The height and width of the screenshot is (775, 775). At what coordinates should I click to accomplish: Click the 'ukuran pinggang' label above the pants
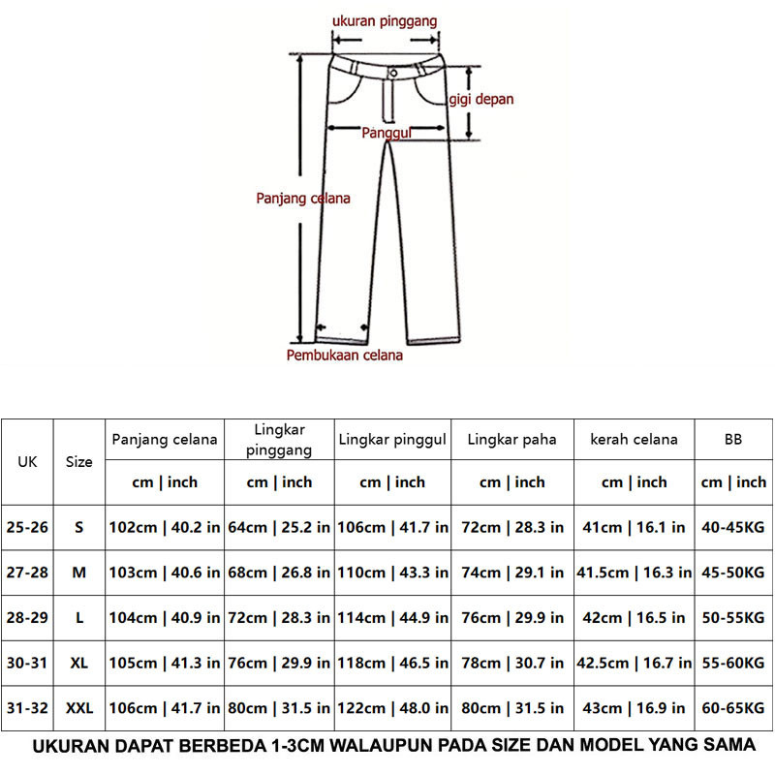[385, 20]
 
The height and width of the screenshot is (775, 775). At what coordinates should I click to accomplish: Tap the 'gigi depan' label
[480, 99]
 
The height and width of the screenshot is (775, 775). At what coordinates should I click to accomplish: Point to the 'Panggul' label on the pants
[387, 134]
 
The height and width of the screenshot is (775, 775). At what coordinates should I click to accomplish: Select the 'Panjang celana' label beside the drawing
[303, 198]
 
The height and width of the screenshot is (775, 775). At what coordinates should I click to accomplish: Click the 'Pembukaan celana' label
[344, 356]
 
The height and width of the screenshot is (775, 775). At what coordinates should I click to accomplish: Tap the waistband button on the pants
[394, 74]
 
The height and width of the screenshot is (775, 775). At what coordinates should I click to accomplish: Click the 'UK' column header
[27, 461]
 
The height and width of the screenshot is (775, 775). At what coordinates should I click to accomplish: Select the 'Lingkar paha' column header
[512, 439]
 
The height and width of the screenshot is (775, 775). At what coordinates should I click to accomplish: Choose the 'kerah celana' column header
[635, 439]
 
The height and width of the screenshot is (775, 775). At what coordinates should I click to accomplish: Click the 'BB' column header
[733, 439]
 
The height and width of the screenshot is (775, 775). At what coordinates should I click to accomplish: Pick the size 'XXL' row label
[79, 708]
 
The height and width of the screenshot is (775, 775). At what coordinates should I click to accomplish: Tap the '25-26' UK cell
[27, 527]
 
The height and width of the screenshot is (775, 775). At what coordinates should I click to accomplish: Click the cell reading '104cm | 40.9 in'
[164, 618]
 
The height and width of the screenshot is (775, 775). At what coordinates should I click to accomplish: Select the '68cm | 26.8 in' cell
[279, 573]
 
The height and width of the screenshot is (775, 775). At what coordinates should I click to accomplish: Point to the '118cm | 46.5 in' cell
[392, 664]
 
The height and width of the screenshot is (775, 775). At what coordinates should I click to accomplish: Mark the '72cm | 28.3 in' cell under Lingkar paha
[512, 527]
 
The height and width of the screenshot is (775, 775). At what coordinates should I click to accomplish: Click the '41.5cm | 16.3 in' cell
[635, 573]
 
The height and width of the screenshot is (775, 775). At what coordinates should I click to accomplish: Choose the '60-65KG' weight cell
[733, 708]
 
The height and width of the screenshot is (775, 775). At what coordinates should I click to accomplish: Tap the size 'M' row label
[79, 573]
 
